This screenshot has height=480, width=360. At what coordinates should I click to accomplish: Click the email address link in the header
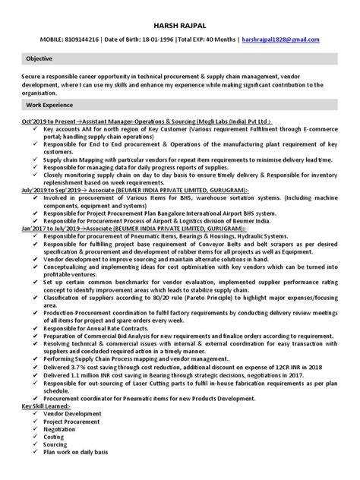click(279, 39)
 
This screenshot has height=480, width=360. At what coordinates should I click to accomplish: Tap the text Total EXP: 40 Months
click(205, 39)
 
